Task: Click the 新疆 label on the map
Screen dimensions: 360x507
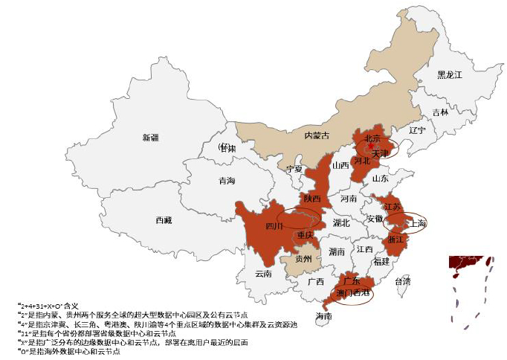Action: (x=151, y=138)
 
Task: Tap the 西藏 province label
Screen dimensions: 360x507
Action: (x=164, y=220)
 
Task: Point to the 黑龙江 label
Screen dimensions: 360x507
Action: (x=449, y=75)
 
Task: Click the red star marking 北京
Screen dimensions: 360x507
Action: (x=371, y=147)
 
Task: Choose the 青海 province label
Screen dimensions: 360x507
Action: (x=227, y=181)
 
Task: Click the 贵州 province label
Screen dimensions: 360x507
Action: (x=303, y=260)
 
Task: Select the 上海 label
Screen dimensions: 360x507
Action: (x=417, y=222)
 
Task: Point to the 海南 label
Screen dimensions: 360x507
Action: (x=323, y=316)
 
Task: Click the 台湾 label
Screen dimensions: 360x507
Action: (x=401, y=282)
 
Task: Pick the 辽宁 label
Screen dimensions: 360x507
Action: (x=417, y=130)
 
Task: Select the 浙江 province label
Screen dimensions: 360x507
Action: (x=394, y=240)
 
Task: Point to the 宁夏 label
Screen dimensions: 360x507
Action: (x=295, y=169)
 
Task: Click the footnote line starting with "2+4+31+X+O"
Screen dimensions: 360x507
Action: (x=48, y=306)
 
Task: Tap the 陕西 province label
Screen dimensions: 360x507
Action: (x=311, y=199)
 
